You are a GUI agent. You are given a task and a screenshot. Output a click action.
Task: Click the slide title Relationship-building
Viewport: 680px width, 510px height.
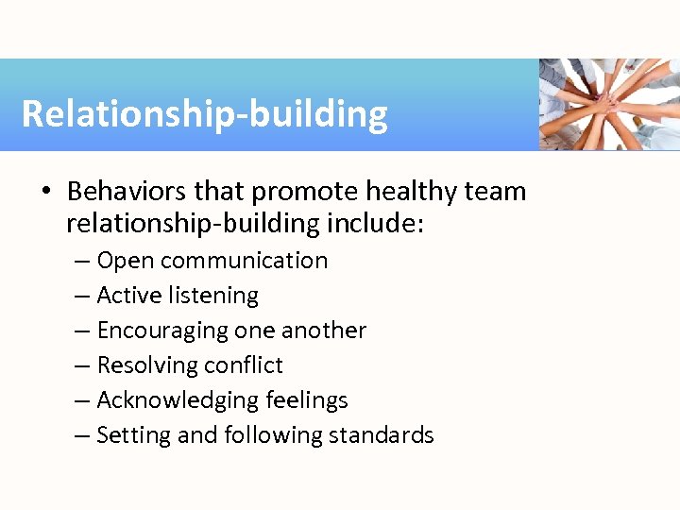[204, 113]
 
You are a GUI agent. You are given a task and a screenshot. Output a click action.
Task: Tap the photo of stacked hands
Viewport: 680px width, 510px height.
[608, 104]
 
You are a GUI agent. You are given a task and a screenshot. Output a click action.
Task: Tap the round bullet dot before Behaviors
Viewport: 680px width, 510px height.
[46, 193]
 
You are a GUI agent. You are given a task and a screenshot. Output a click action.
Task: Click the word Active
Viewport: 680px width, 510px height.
[129, 296]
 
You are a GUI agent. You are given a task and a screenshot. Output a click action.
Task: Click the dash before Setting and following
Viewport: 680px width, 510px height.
[82, 435]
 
